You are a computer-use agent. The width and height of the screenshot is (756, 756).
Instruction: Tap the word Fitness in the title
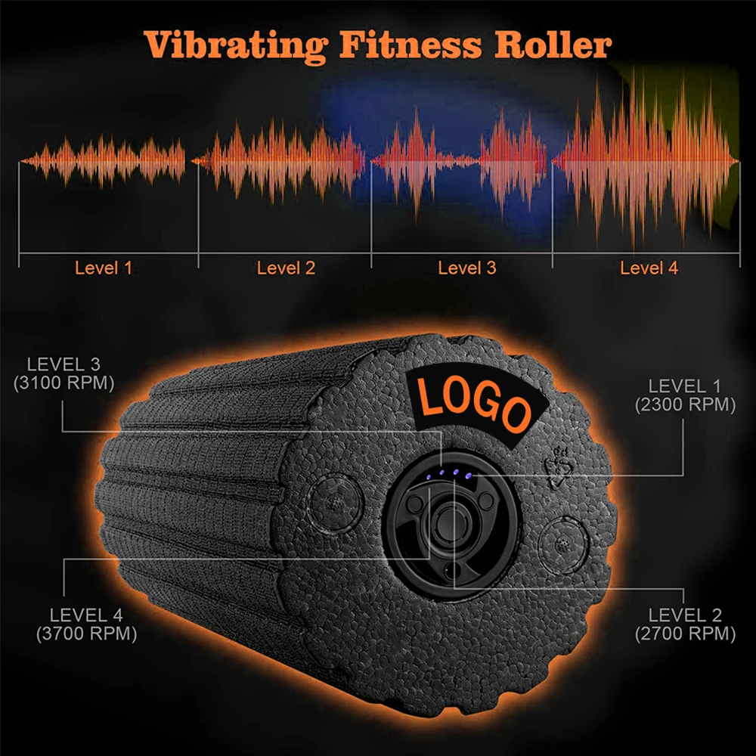pyautogui.click(x=411, y=45)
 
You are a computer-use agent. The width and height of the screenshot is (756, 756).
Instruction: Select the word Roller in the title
pyautogui.click(x=553, y=45)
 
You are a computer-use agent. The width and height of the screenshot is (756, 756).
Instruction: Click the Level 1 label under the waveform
pyautogui.click(x=104, y=268)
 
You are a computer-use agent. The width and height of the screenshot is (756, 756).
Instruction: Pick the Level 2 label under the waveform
pyautogui.click(x=286, y=268)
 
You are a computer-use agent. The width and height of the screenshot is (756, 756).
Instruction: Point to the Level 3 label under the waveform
pyautogui.click(x=467, y=268)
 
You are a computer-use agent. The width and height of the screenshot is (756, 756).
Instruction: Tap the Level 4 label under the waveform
pyautogui.click(x=649, y=268)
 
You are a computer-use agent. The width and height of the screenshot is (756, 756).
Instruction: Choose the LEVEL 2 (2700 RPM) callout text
pyautogui.click(x=686, y=624)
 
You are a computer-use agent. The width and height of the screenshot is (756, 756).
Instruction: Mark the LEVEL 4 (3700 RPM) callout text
pyautogui.click(x=86, y=624)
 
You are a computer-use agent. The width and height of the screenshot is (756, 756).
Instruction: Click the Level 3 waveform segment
pyautogui.click(x=461, y=160)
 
